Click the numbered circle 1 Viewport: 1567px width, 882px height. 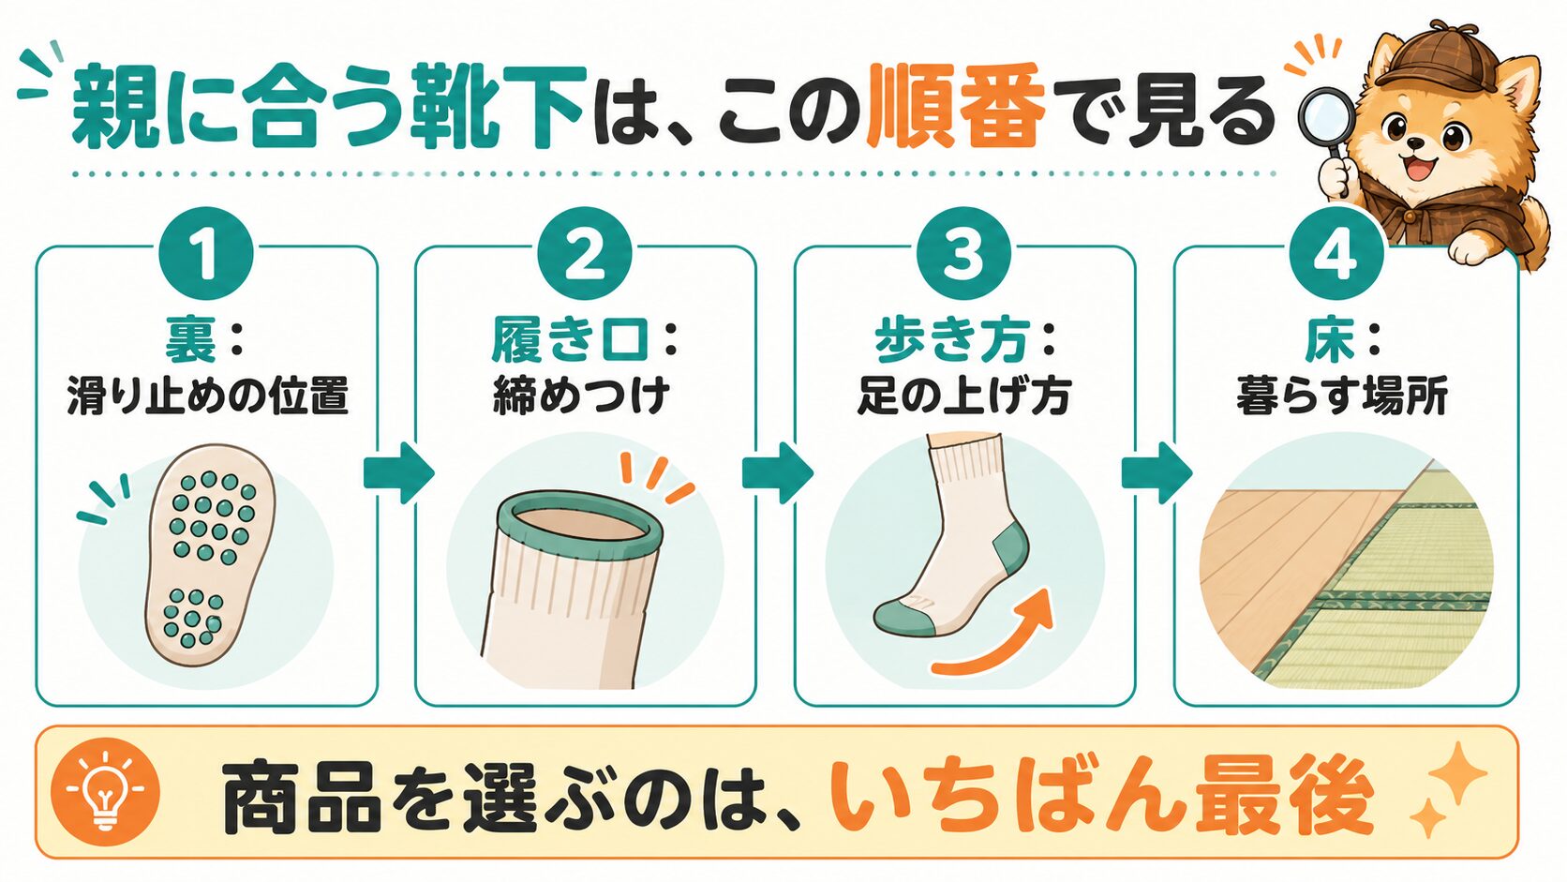click(x=206, y=254)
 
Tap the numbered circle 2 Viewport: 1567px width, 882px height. click(x=585, y=254)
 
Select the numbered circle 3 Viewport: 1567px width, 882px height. click(x=964, y=254)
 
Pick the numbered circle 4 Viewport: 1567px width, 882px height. click(x=1337, y=254)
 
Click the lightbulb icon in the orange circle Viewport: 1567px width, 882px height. click(x=105, y=792)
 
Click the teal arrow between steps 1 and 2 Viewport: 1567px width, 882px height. click(x=398, y=472)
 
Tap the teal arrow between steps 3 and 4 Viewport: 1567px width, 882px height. click(x=1157, y=472)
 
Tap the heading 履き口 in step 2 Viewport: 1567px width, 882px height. click(x=570, y=340)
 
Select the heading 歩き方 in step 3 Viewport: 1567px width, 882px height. click(x=953, y=340)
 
